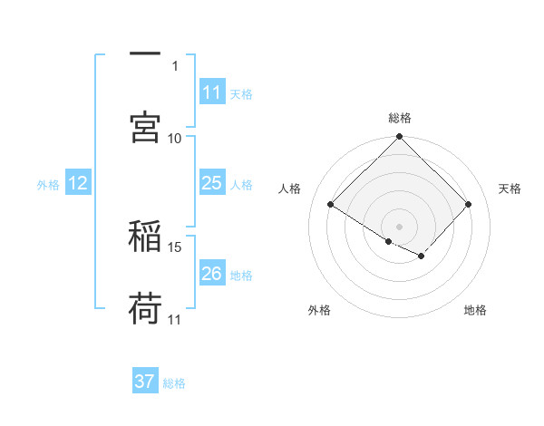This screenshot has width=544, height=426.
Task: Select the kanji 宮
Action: pyautogui.click(x=145, y=126)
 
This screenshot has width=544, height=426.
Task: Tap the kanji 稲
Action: pyautogui.click(x=145, y=236)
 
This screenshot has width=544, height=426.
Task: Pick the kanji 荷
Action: pyautogui.click(x=145, y=309)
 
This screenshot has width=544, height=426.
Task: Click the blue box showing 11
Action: pyautogui.click(x=212, y=92)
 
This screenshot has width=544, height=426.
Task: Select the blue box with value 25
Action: pyautogui.click(x=212, y=184)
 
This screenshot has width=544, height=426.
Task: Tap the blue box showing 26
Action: pyautogui.click(x=212, y=274)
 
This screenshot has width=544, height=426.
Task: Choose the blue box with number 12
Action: pyautogui.click(x=78, y=184)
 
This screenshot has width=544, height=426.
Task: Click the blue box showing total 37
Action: pyautogui.click(x=145, y=382)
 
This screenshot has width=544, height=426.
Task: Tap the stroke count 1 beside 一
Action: pyautogui.click(x=175, y=65)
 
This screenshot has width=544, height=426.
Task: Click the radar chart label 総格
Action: pyautogui.click(x=400, y=118)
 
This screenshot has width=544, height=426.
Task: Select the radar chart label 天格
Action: pyautogui.click(x=510, y=189)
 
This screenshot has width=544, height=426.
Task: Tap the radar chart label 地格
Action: pyautogui.click(x=475, y=310)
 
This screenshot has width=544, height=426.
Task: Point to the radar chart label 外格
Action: pyautogui.click(x=319, y=310)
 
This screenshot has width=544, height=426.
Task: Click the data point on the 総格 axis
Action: pyautogui.click(x=400, y=138)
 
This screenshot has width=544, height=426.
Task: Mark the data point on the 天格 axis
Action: pyautogui.click(x=469, y=205)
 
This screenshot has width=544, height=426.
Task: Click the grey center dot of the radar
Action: pyautogui.click(x=400, y=226)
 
